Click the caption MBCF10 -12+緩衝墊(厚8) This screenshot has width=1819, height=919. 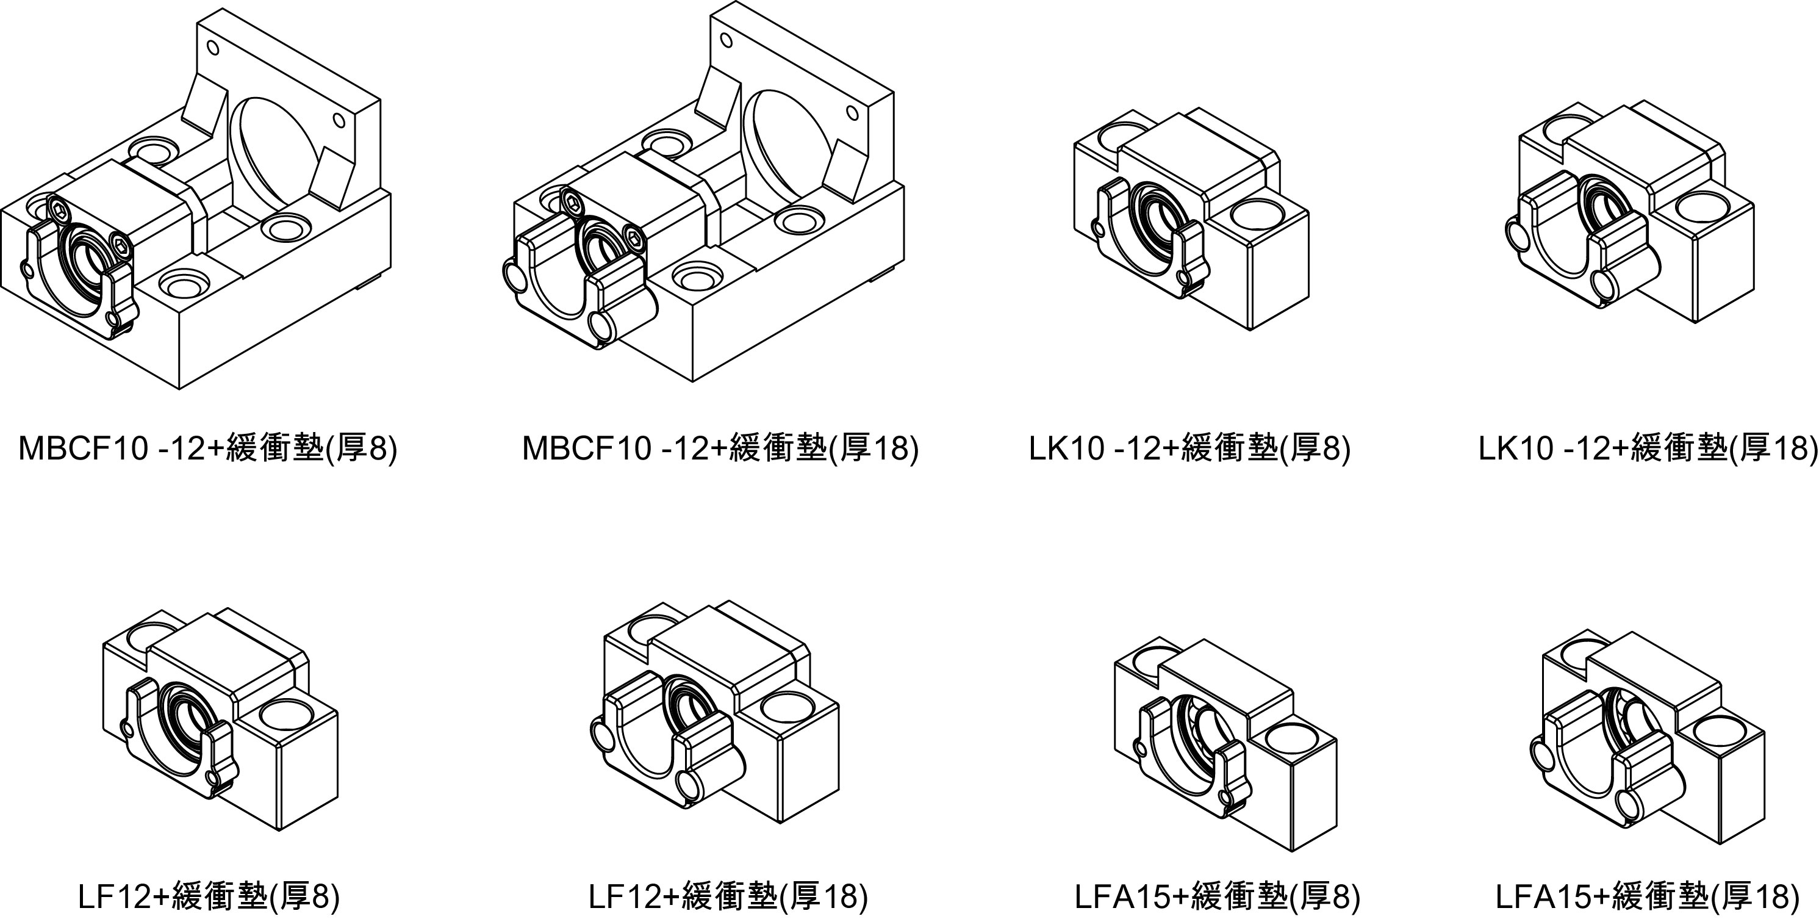pos(207,448)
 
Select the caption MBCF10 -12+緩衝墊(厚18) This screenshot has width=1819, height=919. pos(720,448)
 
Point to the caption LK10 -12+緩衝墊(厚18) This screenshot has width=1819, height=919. pos(1648,448)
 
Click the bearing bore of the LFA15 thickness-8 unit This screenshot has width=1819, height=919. pos(1200,745)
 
